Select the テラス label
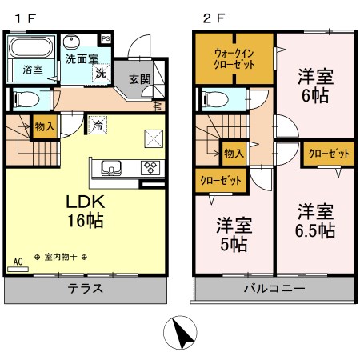coord(84,289)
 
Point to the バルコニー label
coord(271,289)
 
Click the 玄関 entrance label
coord(139,78)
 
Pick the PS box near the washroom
coord(106,38)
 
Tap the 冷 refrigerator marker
coord(97,126)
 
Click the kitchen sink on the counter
coord(110,167)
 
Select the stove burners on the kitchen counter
coord(150,167)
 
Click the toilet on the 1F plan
coord(25,99)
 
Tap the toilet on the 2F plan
coord(214,100)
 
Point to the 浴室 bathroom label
coord(33,70)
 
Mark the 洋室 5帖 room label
coord(231,232)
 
